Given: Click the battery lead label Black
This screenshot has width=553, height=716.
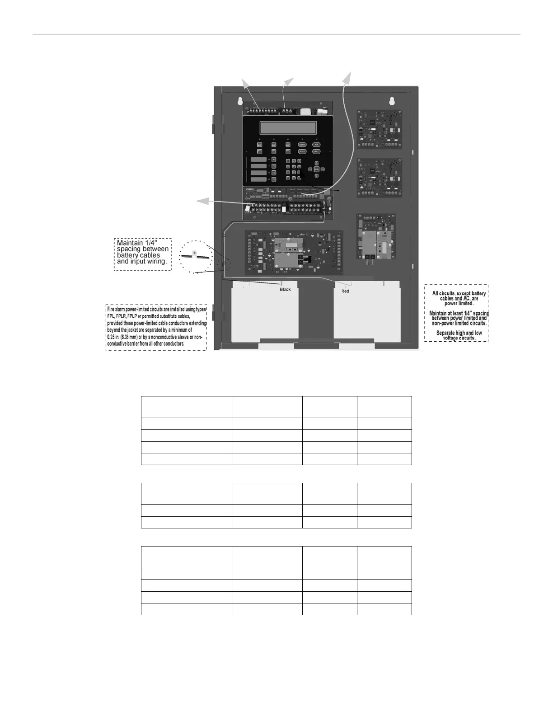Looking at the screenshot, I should point(285,289).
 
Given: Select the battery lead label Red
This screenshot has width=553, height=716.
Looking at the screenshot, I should point(345,291).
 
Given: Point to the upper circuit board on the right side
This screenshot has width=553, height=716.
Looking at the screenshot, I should point(380,129).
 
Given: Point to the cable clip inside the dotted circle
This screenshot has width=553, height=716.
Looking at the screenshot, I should point(195,254).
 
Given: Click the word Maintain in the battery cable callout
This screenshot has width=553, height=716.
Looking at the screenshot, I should point(130,243).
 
